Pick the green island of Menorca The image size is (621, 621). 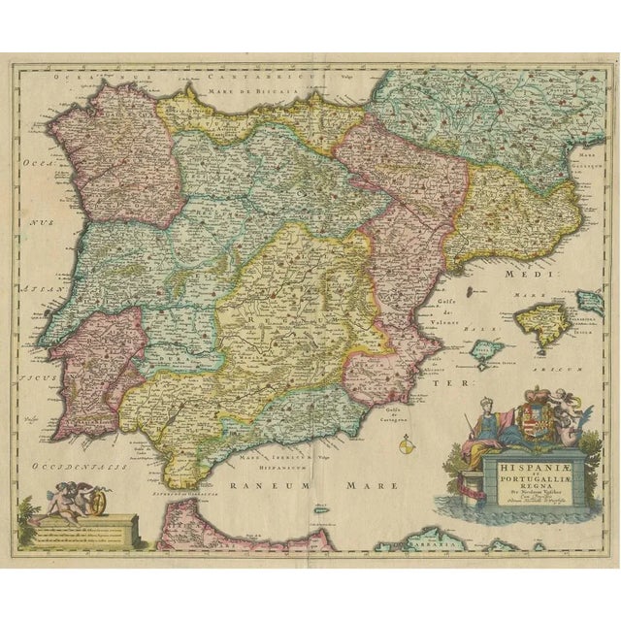point(588,299)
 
